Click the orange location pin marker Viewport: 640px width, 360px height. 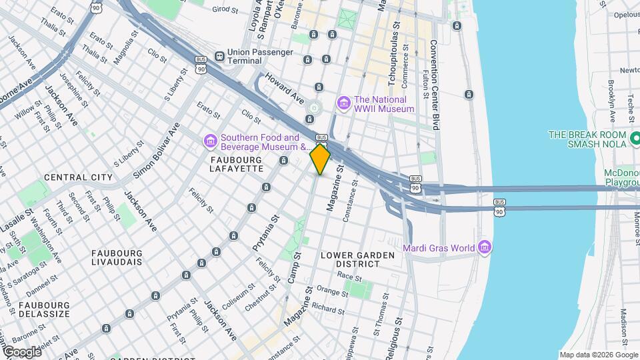(x=321, y=159)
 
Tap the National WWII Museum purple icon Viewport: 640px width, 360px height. (x=344, y=103)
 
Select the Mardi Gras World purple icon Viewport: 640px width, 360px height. (x=485, y=249)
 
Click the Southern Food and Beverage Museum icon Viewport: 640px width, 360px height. (x=209, y=141)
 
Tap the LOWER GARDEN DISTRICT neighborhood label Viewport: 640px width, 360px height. (x=349, y=259)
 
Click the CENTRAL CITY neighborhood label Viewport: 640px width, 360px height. (x=75, y=177)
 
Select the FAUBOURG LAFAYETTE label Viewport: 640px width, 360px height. (x=237, y=165)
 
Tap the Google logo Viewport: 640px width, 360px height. (x=22, y=351)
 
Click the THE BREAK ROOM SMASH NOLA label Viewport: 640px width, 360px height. (x=589, y=139)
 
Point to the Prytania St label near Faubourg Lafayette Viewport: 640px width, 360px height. (x=265, y=229)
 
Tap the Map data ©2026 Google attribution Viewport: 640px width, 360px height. (x=598, y=355)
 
